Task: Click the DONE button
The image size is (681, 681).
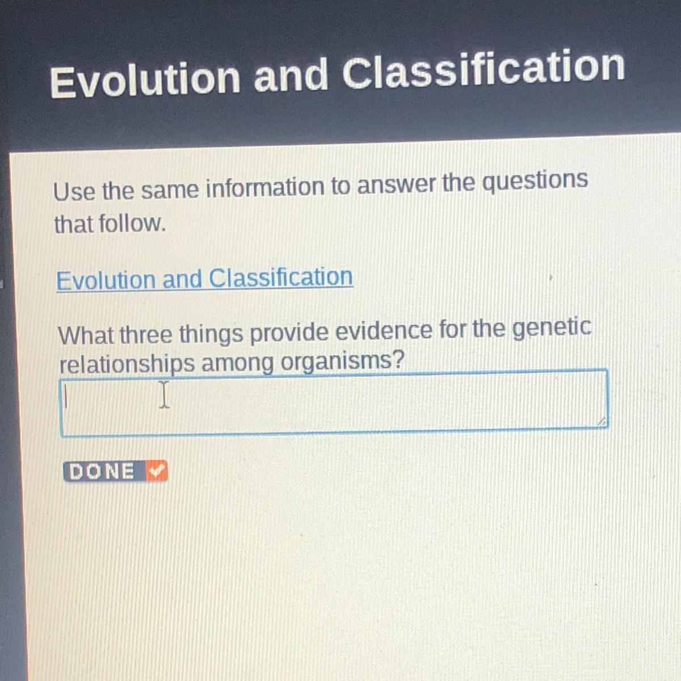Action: click(115, 471)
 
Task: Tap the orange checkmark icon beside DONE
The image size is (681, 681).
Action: click(157, 470)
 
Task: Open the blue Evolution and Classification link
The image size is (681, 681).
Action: click(205, 279)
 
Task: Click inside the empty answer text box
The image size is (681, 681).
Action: click(334, 402)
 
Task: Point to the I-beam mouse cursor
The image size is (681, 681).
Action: click(164, 395)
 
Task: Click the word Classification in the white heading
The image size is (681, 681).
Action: click(483, 71)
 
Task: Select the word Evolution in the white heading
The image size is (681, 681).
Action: click(145, 81)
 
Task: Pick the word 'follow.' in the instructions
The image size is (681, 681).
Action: click(132, 224)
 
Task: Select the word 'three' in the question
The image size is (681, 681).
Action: click(147, 334)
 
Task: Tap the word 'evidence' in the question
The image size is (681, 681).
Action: click(384, 331)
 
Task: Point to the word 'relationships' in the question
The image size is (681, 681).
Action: click(127, 364)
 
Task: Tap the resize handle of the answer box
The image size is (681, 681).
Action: click(602, 421)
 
